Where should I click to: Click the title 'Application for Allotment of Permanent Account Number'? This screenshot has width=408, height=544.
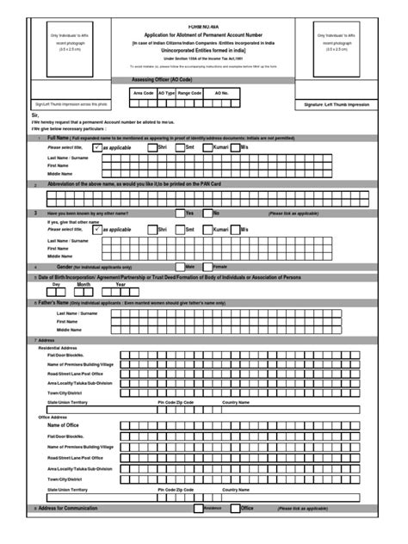202,18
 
